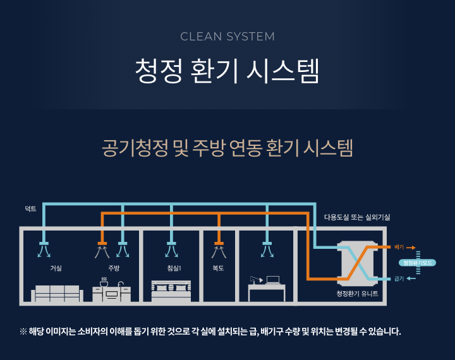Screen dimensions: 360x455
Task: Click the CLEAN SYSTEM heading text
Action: (x=227, y=36)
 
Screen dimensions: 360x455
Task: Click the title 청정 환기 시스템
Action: (x=227, y=71)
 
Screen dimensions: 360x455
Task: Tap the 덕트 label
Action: (x=30, y=208)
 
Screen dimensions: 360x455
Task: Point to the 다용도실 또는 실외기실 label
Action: (x=357, y=217)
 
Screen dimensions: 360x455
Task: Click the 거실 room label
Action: (x=56, y=268)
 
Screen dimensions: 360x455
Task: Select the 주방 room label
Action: (x=114, y=268)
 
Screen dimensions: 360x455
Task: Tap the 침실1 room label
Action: (x=174, y=268)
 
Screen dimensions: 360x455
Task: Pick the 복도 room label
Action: (x=219, y=268)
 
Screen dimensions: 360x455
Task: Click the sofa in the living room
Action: (x=58, y=293)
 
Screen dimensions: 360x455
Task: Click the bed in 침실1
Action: (x=171, y=291)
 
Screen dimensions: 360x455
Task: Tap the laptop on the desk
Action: (x=273, y=280)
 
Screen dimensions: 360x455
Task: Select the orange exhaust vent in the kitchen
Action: (x=102, y=244)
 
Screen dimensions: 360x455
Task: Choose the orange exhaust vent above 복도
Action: (x=219, y=244)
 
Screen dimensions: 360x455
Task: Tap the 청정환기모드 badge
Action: (x=418, y=262)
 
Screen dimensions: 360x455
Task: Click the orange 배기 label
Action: (x=399, y=247)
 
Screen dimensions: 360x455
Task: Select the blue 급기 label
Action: (x=399, y=279)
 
